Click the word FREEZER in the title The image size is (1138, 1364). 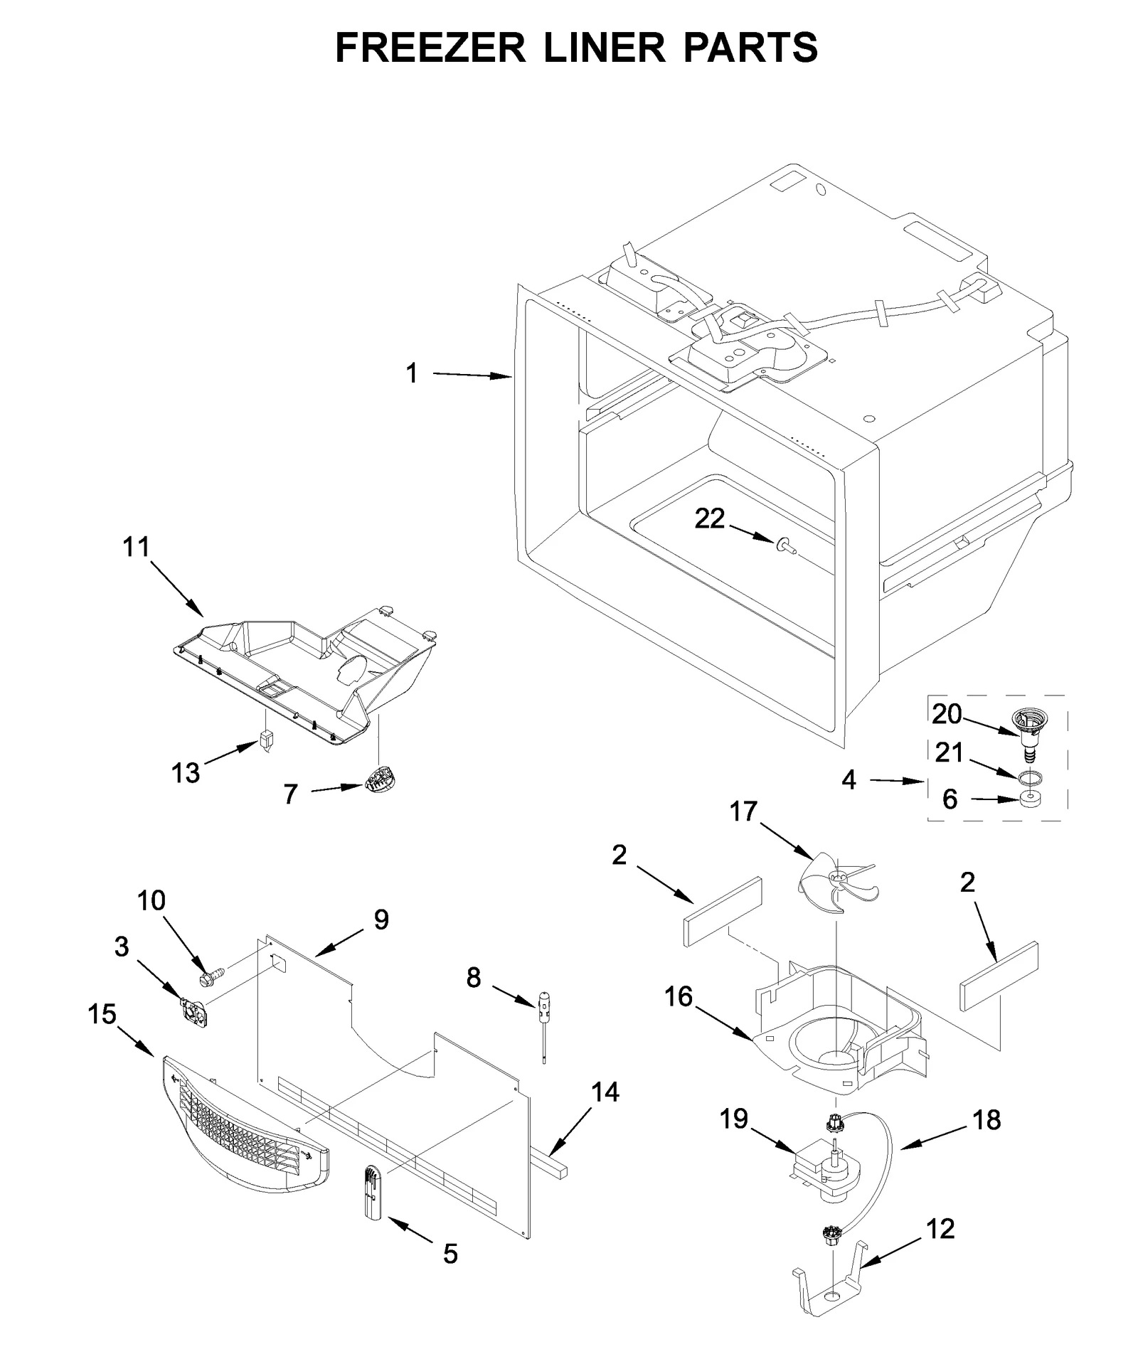click(430, 48)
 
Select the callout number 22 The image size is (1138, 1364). click(709, 520)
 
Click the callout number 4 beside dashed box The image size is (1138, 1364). click(849, 780)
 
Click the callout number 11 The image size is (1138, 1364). click(137, 548)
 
